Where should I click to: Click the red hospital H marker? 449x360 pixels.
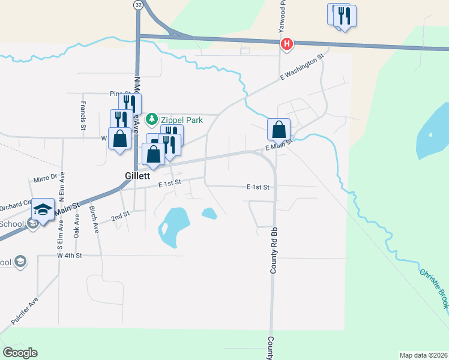(x=288, y=44)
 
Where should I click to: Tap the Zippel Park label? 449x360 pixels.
(x=181, y=120)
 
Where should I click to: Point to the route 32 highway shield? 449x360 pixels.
(x=139, y=4)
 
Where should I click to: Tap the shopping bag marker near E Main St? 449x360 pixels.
(x=279, y=130)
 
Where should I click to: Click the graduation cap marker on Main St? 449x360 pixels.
(x=43, y=210)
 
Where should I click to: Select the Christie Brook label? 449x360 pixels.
(x=433, y=289)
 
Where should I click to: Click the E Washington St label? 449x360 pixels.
(x=301, y=67)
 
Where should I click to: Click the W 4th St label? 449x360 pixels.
(x=69, y=256)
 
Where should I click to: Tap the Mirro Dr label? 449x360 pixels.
(x=45, y=178)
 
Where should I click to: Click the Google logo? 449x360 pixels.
(x=20, y=352)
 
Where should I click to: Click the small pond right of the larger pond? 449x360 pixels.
(x=209, y=213)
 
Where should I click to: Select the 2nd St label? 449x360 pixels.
(x=121, y=215)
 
